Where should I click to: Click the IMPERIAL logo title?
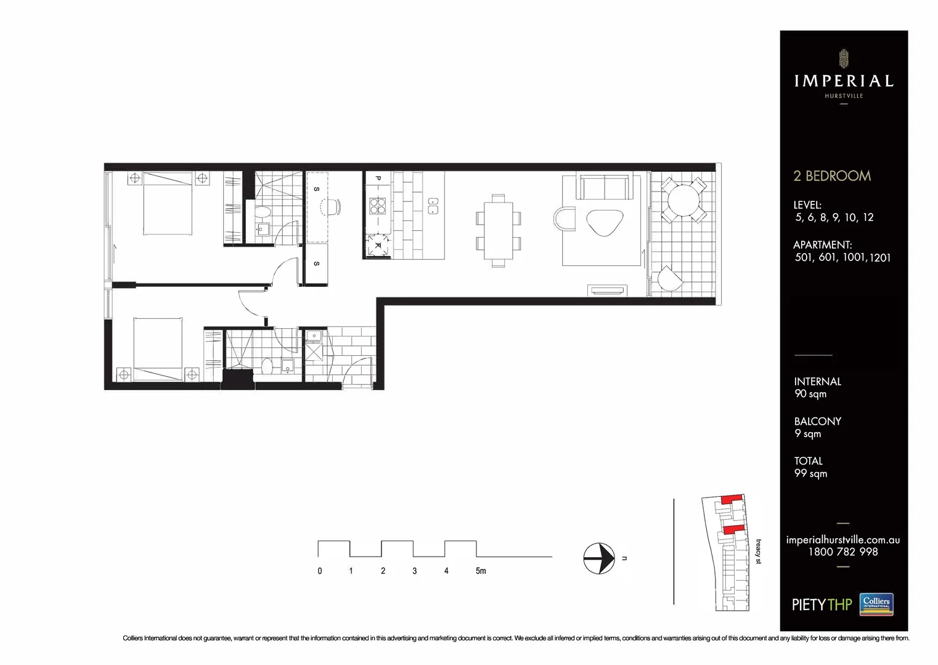843,81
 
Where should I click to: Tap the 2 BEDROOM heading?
832,176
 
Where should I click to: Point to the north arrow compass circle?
599,558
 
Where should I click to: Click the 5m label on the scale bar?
481,571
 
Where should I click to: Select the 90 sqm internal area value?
810,394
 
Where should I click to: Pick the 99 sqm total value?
810,474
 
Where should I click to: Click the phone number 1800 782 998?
843,552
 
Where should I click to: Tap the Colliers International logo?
876,604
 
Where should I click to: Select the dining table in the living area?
498,230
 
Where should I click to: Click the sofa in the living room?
605,187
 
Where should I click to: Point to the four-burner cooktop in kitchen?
378,206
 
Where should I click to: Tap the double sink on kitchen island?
433,206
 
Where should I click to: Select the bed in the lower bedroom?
158,349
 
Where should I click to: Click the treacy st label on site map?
759,552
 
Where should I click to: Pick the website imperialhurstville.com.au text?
843,540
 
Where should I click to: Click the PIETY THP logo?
822,605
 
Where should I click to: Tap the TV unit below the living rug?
607,290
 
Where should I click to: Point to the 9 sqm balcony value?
807,434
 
